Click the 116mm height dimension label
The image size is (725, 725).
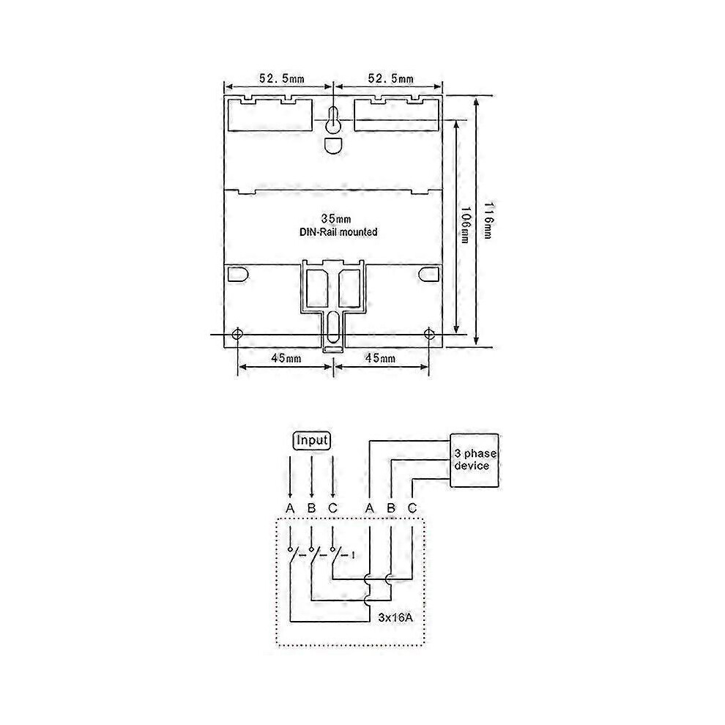coord(488,220)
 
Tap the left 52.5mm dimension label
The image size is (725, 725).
coord(282,78)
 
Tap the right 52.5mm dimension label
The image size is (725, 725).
coord(391,78)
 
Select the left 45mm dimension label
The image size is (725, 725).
coord(286,358)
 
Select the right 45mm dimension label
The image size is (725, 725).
coord(380,358)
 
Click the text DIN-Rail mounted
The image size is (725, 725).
coord(338,232)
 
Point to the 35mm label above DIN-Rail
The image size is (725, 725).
coord(336,219)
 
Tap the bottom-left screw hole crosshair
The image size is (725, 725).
coord(238,334)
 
